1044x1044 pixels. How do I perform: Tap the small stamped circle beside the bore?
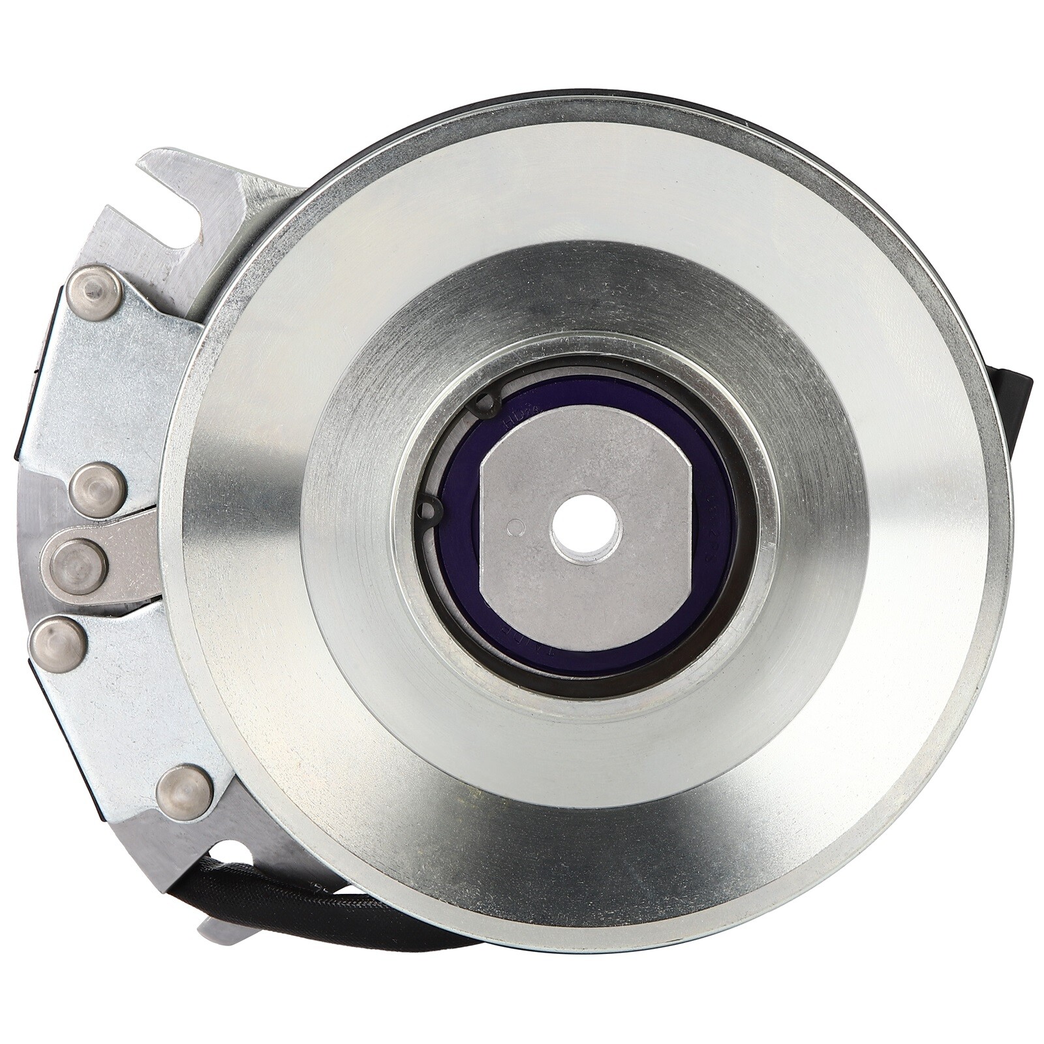(x=517, y=525)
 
